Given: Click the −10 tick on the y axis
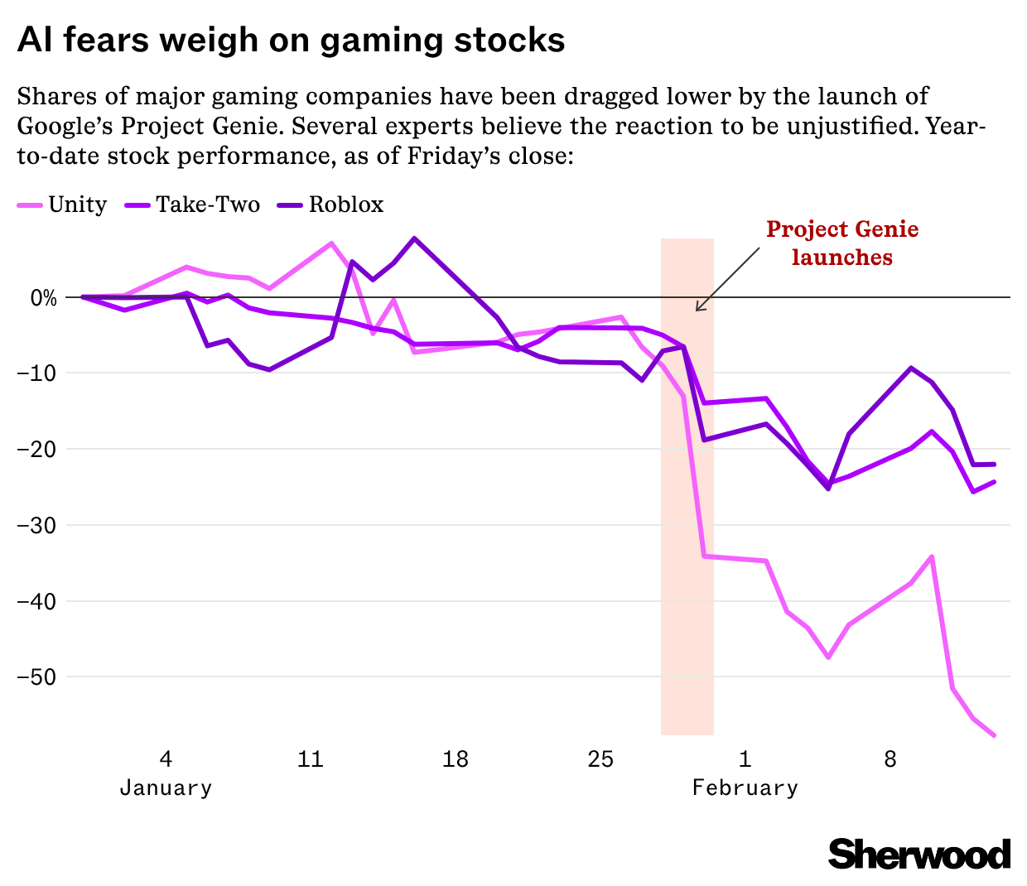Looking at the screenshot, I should point(37,373).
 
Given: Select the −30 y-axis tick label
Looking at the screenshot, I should point(37,525).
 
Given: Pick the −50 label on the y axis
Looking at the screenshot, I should point(37,677).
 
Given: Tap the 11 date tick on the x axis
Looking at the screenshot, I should point(310,758).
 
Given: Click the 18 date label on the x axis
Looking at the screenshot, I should point(456,758).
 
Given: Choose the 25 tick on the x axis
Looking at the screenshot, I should point(600,758).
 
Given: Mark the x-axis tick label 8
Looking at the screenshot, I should point(890,758).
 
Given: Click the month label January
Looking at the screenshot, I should point(166,787).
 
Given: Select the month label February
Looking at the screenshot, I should point(745,787).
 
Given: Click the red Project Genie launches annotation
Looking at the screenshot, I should point(842,243).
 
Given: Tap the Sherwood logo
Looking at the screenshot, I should point(919,854).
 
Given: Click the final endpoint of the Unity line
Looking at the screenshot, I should point(994,735).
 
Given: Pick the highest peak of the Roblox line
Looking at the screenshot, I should point(414,238).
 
